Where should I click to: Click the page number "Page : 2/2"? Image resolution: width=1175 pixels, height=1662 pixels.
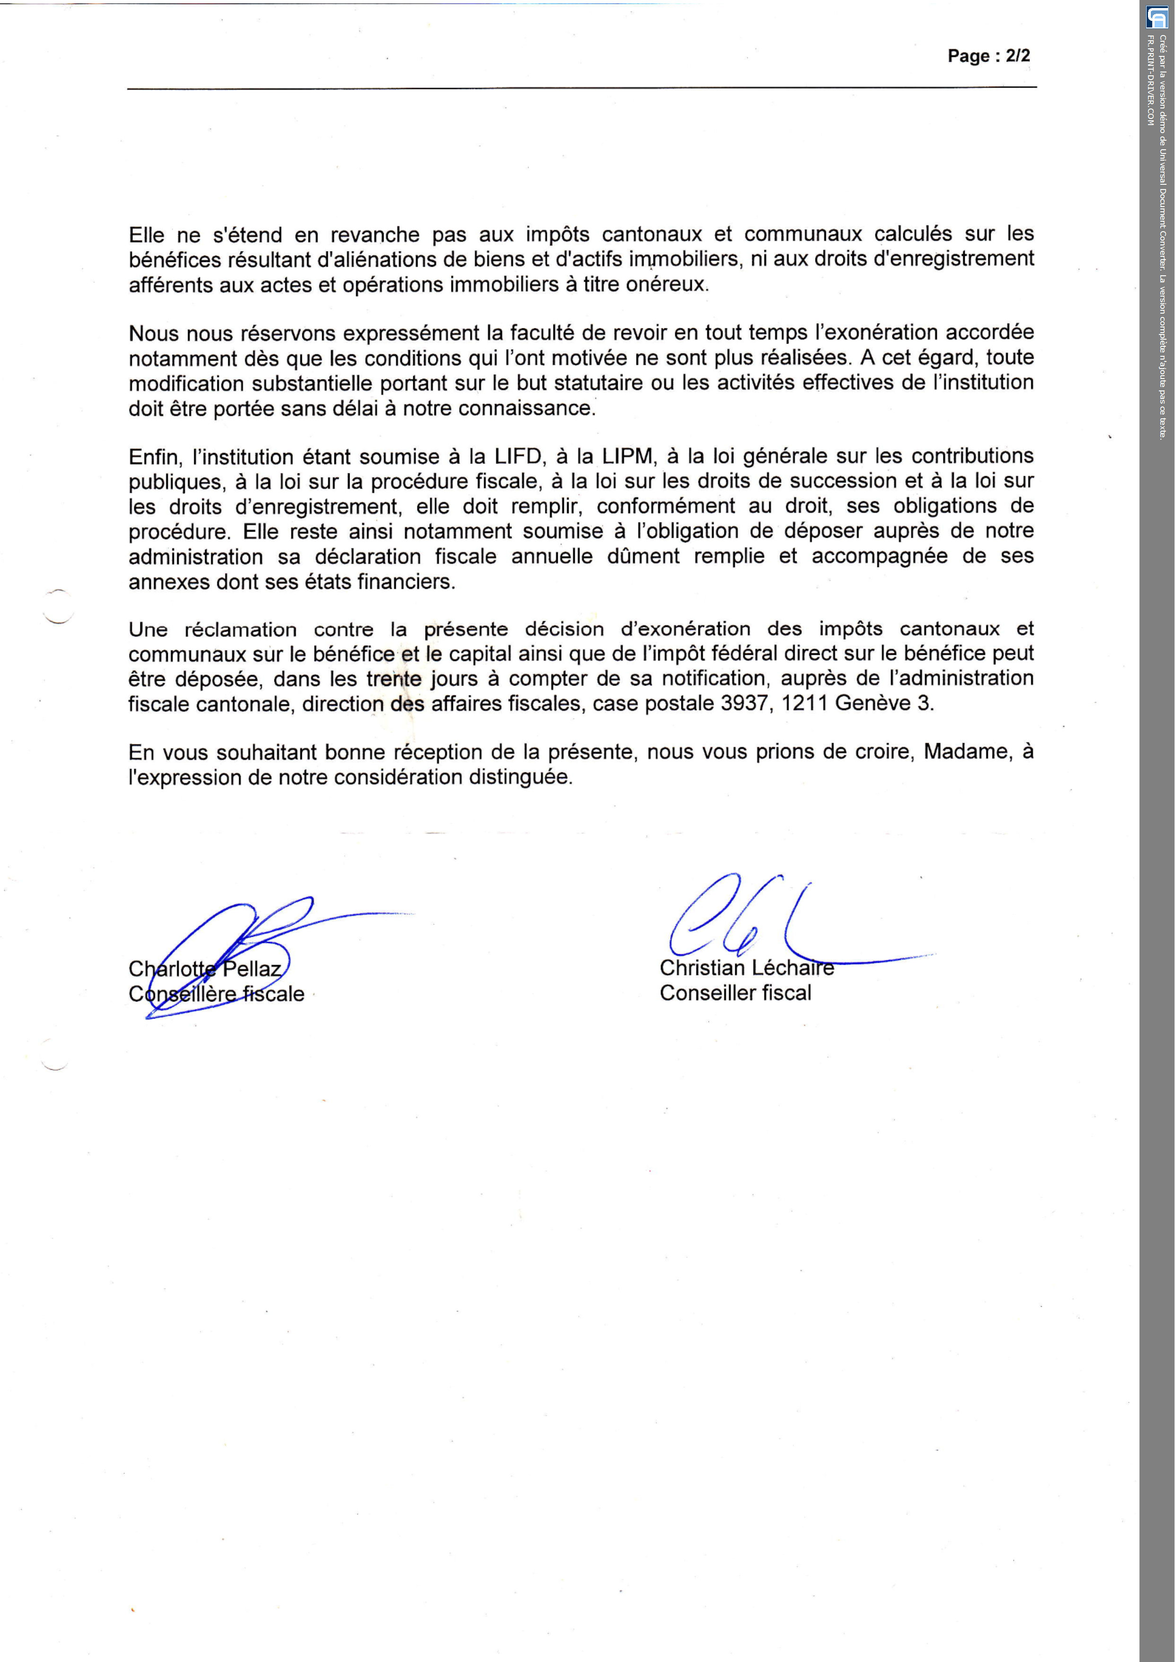pyautogui.click(x=988, y=56)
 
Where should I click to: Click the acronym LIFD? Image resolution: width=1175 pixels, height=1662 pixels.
pyautogui.click(x=518, y=457)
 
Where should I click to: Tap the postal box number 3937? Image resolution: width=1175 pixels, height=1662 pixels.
pyautogui.click(x=743, y=703)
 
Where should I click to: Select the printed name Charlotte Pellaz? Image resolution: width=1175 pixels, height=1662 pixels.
pyautogui.click(x=205, y=968)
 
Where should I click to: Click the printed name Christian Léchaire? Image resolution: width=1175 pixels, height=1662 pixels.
pyautogui.click(x=746, y=968)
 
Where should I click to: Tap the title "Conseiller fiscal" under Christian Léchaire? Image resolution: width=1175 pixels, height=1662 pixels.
pyautogui.click(x=735, y=993)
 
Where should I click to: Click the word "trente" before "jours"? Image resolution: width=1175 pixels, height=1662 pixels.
pyautogui.click(x=394, y=678)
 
